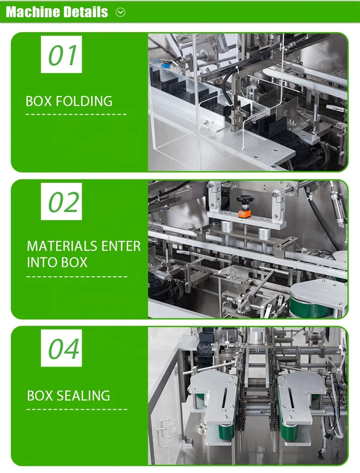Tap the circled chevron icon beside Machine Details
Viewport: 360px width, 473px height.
[120, 12]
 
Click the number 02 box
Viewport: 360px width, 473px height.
[61, 202]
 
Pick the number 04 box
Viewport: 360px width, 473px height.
[61, 349]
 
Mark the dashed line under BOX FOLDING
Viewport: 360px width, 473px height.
[76, 115]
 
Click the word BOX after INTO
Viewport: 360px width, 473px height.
[73, 262]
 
